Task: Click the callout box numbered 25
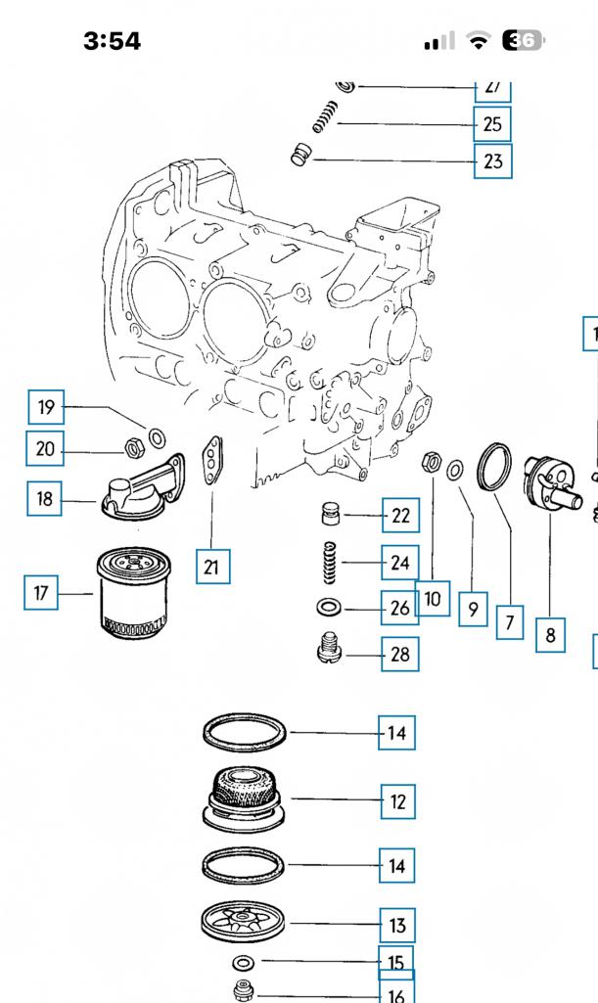coord(492,124)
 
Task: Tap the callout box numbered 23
coord(492,160)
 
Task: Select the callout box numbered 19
coord(45,407)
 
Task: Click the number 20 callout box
coord(45,449)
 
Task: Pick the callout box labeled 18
coord(45,499)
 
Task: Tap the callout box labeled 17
coord(40,593)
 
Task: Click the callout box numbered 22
coord(399,515)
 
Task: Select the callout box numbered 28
coord(399,655)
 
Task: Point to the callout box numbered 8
coord(550,634)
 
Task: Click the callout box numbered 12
coord(397,801)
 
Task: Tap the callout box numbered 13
coord(397,925)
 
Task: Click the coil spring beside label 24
coord(330,566)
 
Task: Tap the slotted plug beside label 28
coord(331,649)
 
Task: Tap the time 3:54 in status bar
coord(112,41)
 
